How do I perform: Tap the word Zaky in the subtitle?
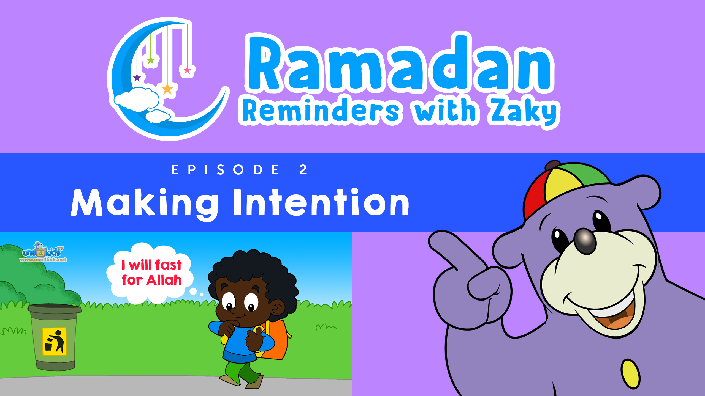point(523,111)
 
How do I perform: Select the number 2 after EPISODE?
point(303,170)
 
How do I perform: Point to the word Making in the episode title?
point(145,204)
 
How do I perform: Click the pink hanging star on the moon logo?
point(187,71)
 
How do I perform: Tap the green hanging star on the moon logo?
point(151,60)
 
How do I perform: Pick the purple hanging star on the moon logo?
point(137,78)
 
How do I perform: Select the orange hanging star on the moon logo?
point(167,89)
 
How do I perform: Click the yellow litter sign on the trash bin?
point(55,341)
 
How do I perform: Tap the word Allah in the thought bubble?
point(164,280)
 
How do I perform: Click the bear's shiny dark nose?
point(585,241)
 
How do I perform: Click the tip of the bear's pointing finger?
point(435,239)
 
